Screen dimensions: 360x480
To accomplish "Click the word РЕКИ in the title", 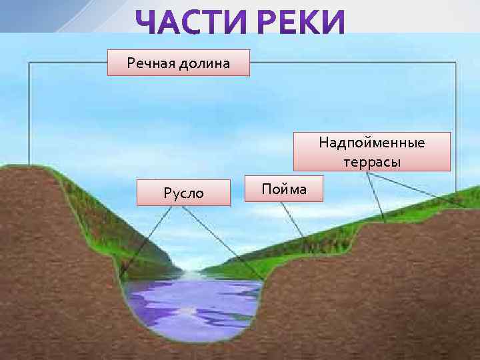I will (x=301, y=24).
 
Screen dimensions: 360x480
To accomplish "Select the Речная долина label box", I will (x=179, y=63).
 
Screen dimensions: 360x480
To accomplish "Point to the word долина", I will (x=205, y=63).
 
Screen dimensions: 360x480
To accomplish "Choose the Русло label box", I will (x=183, y=193).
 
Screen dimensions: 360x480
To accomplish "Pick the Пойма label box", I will (x=284, y=189).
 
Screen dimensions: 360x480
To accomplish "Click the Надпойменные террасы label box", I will (x=371, y=152).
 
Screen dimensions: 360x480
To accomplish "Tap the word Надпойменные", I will (x=371, y=142).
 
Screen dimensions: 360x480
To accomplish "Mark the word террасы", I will (x=372, y=162).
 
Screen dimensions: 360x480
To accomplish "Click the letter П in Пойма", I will (x=266, y=189).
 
